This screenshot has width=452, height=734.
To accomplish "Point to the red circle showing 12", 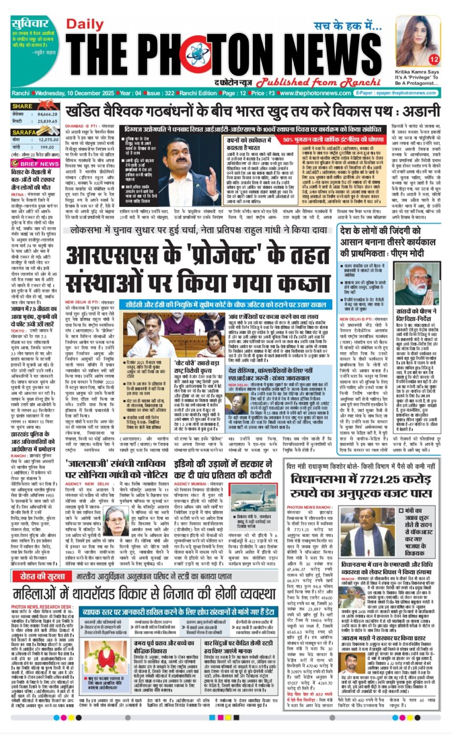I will tap(434, 59).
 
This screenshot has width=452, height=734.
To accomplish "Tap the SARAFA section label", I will tap(24, 133).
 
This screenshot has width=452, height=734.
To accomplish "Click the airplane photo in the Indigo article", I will tap(249, 497).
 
